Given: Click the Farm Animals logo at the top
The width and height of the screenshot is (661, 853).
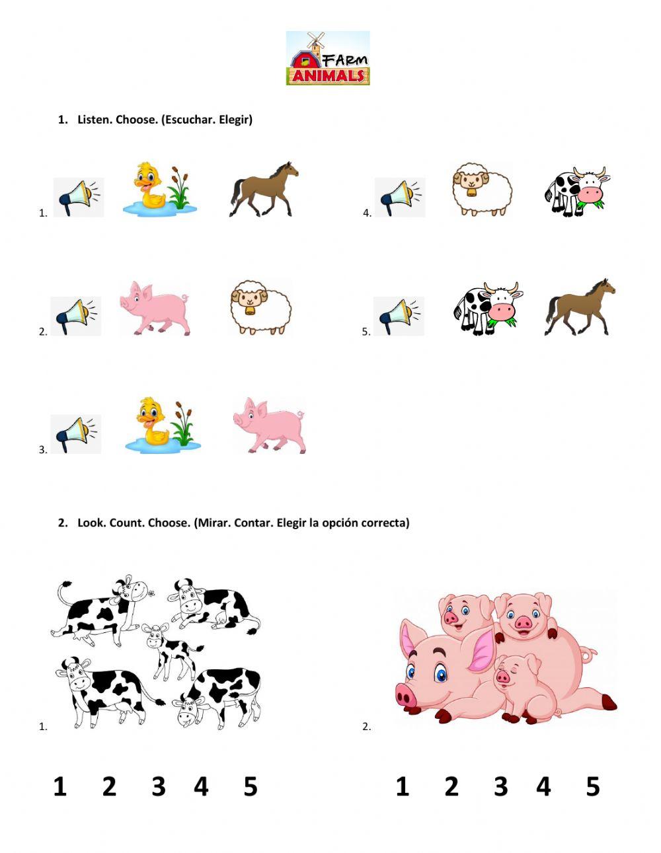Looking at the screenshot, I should point(328,58).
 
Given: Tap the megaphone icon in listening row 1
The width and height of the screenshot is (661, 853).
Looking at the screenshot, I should point(79,197).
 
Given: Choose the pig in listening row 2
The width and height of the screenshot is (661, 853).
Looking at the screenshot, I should point(155,307).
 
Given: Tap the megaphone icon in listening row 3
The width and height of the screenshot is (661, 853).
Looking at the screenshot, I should point(76,433).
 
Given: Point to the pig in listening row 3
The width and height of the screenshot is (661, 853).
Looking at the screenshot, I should point(269,426).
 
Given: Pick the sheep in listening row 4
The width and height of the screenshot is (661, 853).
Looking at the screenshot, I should point(483,190).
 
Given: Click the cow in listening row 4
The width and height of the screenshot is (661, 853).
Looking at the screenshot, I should point(576,192).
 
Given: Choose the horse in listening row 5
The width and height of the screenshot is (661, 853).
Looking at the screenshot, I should point(580,307).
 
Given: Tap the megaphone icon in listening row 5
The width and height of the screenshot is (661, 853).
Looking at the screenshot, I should point(399,316).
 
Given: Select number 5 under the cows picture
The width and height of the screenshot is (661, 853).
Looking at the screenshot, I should point(250,786).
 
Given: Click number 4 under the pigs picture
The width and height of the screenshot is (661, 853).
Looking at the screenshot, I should point(543,786).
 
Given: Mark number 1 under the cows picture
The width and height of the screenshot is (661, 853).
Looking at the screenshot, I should point(60,786).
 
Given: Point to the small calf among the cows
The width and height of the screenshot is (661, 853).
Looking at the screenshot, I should point(171,651).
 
